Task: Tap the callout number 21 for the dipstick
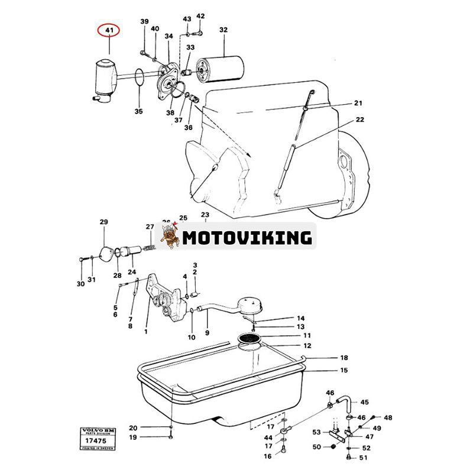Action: click(358, 103)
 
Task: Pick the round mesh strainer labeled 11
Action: click(250, 338)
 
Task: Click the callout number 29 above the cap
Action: click(104, 222)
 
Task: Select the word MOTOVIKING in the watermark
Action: click(247, 238)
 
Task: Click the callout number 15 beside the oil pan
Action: click(344, 370)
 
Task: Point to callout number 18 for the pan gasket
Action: click(344, 358)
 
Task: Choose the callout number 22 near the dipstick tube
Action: click(359, 120)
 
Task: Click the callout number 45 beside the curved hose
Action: click(365, 402)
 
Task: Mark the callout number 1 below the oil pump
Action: click(146, 332)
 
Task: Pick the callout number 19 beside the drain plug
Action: click(133, 437)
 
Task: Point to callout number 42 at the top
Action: click(200, 16)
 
